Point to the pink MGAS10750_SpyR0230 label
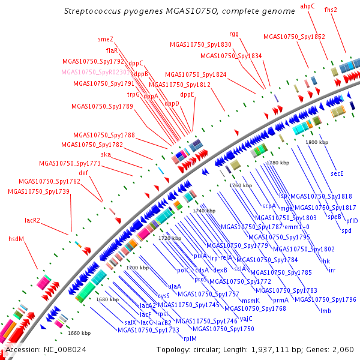[x=95, y=72]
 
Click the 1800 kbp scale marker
[x=316, y=142]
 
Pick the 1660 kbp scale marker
[x=79, y=333]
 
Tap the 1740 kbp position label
[x=203, y=211]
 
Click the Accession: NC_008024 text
[x=37, y=350]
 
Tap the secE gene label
[x=337, y=173]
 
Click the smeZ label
[x=106, y=39]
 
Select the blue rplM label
[x=190, y=338]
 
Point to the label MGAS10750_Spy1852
[x=294, y=37]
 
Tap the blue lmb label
[x=326, y=310]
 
